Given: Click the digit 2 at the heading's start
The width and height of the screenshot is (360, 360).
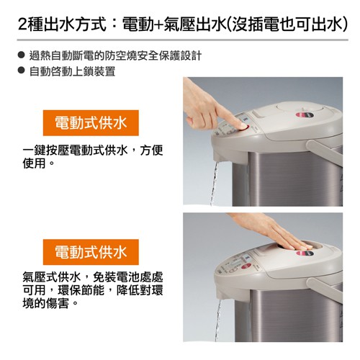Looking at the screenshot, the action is pyautogui.click(x=23, y=24).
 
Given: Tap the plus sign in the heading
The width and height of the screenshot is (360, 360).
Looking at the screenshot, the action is pyautogui.click(x=158, y=24).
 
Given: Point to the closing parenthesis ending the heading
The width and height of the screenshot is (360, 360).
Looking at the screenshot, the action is pyautogui.click(x=345, y=24).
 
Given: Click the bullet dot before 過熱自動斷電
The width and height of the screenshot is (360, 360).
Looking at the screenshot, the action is pyautogui.click(x=22, y=55).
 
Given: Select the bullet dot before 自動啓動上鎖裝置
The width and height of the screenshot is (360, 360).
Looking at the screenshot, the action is pyautogui.click(x=22, y=71).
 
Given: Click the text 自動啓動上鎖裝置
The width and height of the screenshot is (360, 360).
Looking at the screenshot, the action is pyautogui.click(x=73, y=71).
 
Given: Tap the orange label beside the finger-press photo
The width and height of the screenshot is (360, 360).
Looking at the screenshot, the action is pyautogui.click(x=91, y=123).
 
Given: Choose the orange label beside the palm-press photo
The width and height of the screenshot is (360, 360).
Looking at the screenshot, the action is pyautogui.click(x=91, y=252).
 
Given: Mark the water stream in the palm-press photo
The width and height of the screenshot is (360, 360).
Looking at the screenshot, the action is pyautogui.click(x=218, y=319).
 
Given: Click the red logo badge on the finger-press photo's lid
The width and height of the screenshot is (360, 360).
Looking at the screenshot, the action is pyautogui.click(x=304, y=114).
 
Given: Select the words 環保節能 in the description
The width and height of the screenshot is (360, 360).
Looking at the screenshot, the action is pyautogui.click(x=81, y=290).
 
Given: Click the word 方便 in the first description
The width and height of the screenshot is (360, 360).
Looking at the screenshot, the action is pyautogui.click(x=152, y=150).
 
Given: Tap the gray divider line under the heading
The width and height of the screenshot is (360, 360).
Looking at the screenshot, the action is pyautogui.click(x=183, y=40).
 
